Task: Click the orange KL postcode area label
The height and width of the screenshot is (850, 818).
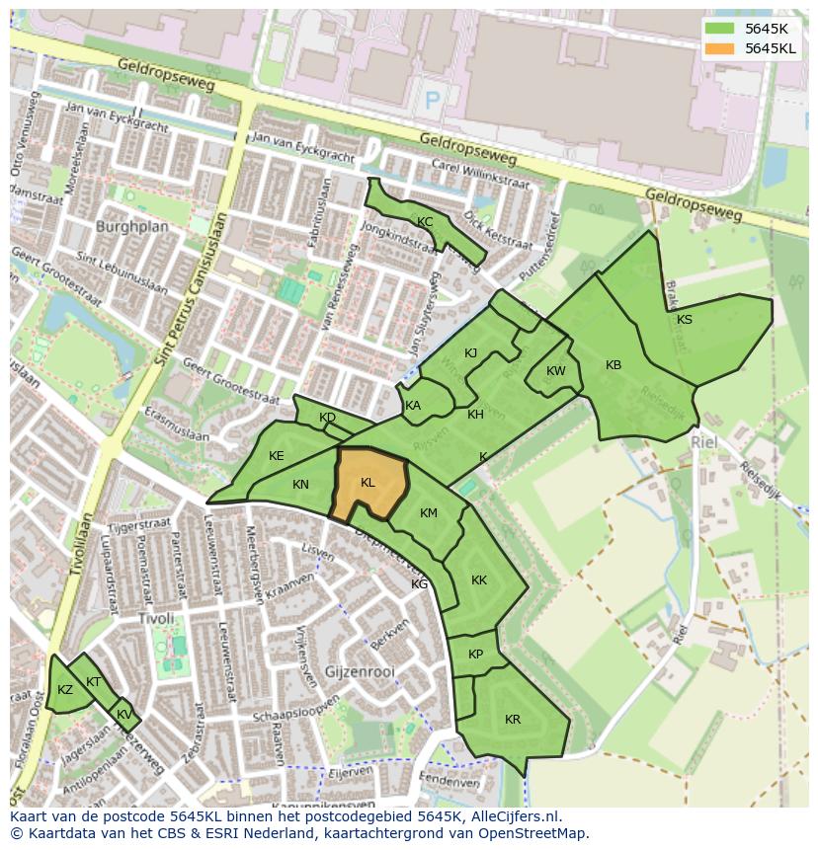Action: [368, 483]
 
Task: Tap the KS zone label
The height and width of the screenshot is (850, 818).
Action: [685, 319]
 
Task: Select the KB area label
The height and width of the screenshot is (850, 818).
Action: [613, 365]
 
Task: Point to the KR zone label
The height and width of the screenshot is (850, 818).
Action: [513, 720]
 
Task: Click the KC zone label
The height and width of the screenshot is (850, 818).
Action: [425, 222]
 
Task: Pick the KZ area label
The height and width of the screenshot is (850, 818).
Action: [65, 690]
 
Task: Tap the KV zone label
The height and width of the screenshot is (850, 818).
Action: [123, 715]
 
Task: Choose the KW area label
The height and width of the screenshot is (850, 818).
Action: [556, 371]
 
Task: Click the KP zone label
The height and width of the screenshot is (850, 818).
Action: [476, 655]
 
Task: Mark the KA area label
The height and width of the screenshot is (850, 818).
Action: [413, 406]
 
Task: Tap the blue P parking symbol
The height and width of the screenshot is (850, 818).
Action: [432, 99]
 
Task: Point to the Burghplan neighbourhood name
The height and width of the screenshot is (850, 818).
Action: [132, 226]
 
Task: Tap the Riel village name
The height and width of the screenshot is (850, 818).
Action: [703, 443]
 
